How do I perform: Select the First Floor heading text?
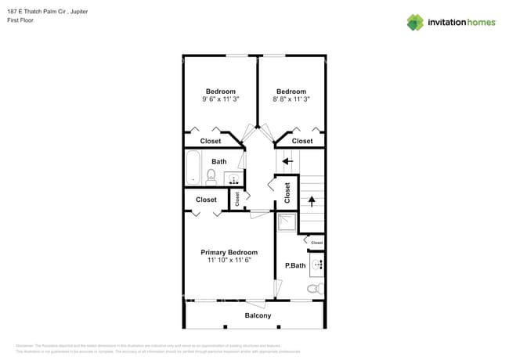(x=20, y=20)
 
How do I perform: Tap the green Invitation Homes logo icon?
(x=415, y=22)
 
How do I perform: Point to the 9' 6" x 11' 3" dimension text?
(x=220, y=99)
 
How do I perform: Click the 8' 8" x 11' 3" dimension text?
(x=291, y=99)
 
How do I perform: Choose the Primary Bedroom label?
(x=229, y=252)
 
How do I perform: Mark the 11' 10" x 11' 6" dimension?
(x=229, y=261)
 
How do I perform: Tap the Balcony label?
(x=258, y=315)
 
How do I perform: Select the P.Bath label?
(x=294, y=266)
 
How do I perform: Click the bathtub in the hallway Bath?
(x=193, y=168)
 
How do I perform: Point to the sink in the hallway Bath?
(x=233, y=180)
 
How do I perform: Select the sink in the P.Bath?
(x=318, y=265)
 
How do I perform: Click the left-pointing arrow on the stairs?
(x=287, y=161)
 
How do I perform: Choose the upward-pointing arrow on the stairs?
(x=311, y=200)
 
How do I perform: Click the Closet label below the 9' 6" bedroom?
(x=211, y=141)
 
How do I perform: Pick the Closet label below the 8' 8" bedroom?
(x=302, y=141)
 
